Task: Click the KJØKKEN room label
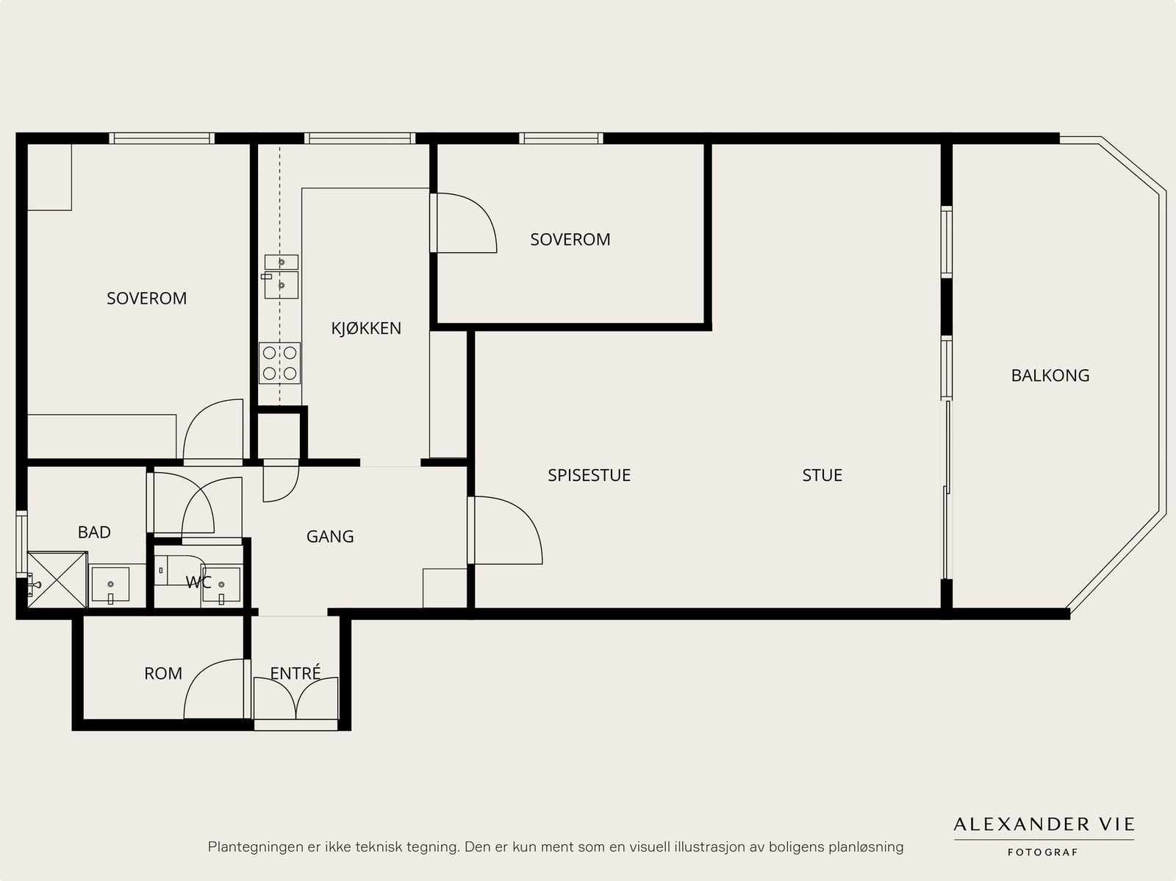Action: pos(366,328)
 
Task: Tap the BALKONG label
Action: pos(1050,375)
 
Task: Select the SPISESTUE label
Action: pos(589,475)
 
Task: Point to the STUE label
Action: pos(822,475)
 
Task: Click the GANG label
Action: pos(330,536)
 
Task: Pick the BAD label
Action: pos(94,532)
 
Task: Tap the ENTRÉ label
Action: pos(295,672)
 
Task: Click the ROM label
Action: pos(163,673)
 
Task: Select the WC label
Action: pos(198,582)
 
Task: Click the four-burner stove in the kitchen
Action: pos(280,363)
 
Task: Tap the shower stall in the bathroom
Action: pos(57,579)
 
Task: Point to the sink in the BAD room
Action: pos(110,585)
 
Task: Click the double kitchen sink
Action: pos(281,277)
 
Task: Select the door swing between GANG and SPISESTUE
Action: pos(505,530)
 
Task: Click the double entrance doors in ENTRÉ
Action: pos(295,699)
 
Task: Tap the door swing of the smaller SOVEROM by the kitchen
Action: pos(464,223)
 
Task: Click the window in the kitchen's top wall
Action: pos(359,138)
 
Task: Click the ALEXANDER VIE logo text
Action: pos(1044,824)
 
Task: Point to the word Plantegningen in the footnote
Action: pos(252,847)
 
